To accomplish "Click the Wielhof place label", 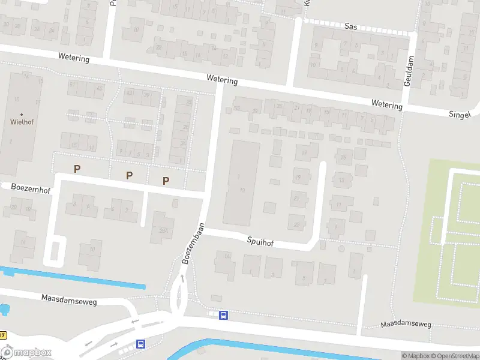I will click(x=22, y=121).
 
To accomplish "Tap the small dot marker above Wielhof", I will click(x=22, y=114).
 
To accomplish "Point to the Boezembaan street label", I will click(x=193, y=244).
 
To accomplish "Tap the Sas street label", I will click(x=351, y=26).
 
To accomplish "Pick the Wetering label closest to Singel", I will click(x=386, y=105).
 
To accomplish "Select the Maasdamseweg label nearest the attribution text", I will click(x=406, y=325).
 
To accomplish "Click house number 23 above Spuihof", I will click(x=297, y=224).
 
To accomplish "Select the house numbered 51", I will click(x=73, y=85).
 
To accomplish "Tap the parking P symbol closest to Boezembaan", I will click(x=166, y=181).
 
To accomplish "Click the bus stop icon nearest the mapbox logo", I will click(x=140, y=344).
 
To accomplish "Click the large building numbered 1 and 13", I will click(x=241, y=183).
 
